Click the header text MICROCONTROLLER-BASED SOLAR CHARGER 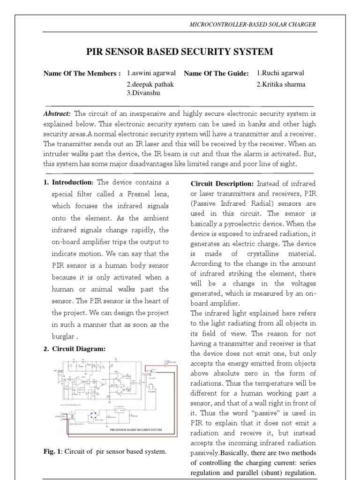point(252,24)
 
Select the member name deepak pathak point(147,84)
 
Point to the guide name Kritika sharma point(281,84)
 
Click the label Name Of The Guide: point(216,73)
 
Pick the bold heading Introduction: point(73,182)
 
